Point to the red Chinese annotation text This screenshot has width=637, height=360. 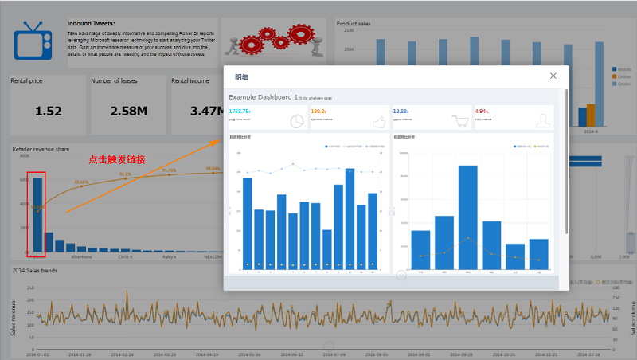point(117,159)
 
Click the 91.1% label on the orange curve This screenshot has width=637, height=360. point(125,174)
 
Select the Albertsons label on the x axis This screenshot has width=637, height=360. point(81,257)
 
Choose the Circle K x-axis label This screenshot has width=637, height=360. point(125,257)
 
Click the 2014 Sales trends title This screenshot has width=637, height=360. point(34,270)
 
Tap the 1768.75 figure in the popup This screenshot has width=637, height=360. point(239,112)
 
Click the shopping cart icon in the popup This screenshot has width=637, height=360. point(459,121)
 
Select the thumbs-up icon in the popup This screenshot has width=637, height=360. point(378,121)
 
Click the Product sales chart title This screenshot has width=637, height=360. point(354,24)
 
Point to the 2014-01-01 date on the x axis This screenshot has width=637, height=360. point(37,354)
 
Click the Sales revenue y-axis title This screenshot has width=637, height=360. point(14,318)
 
